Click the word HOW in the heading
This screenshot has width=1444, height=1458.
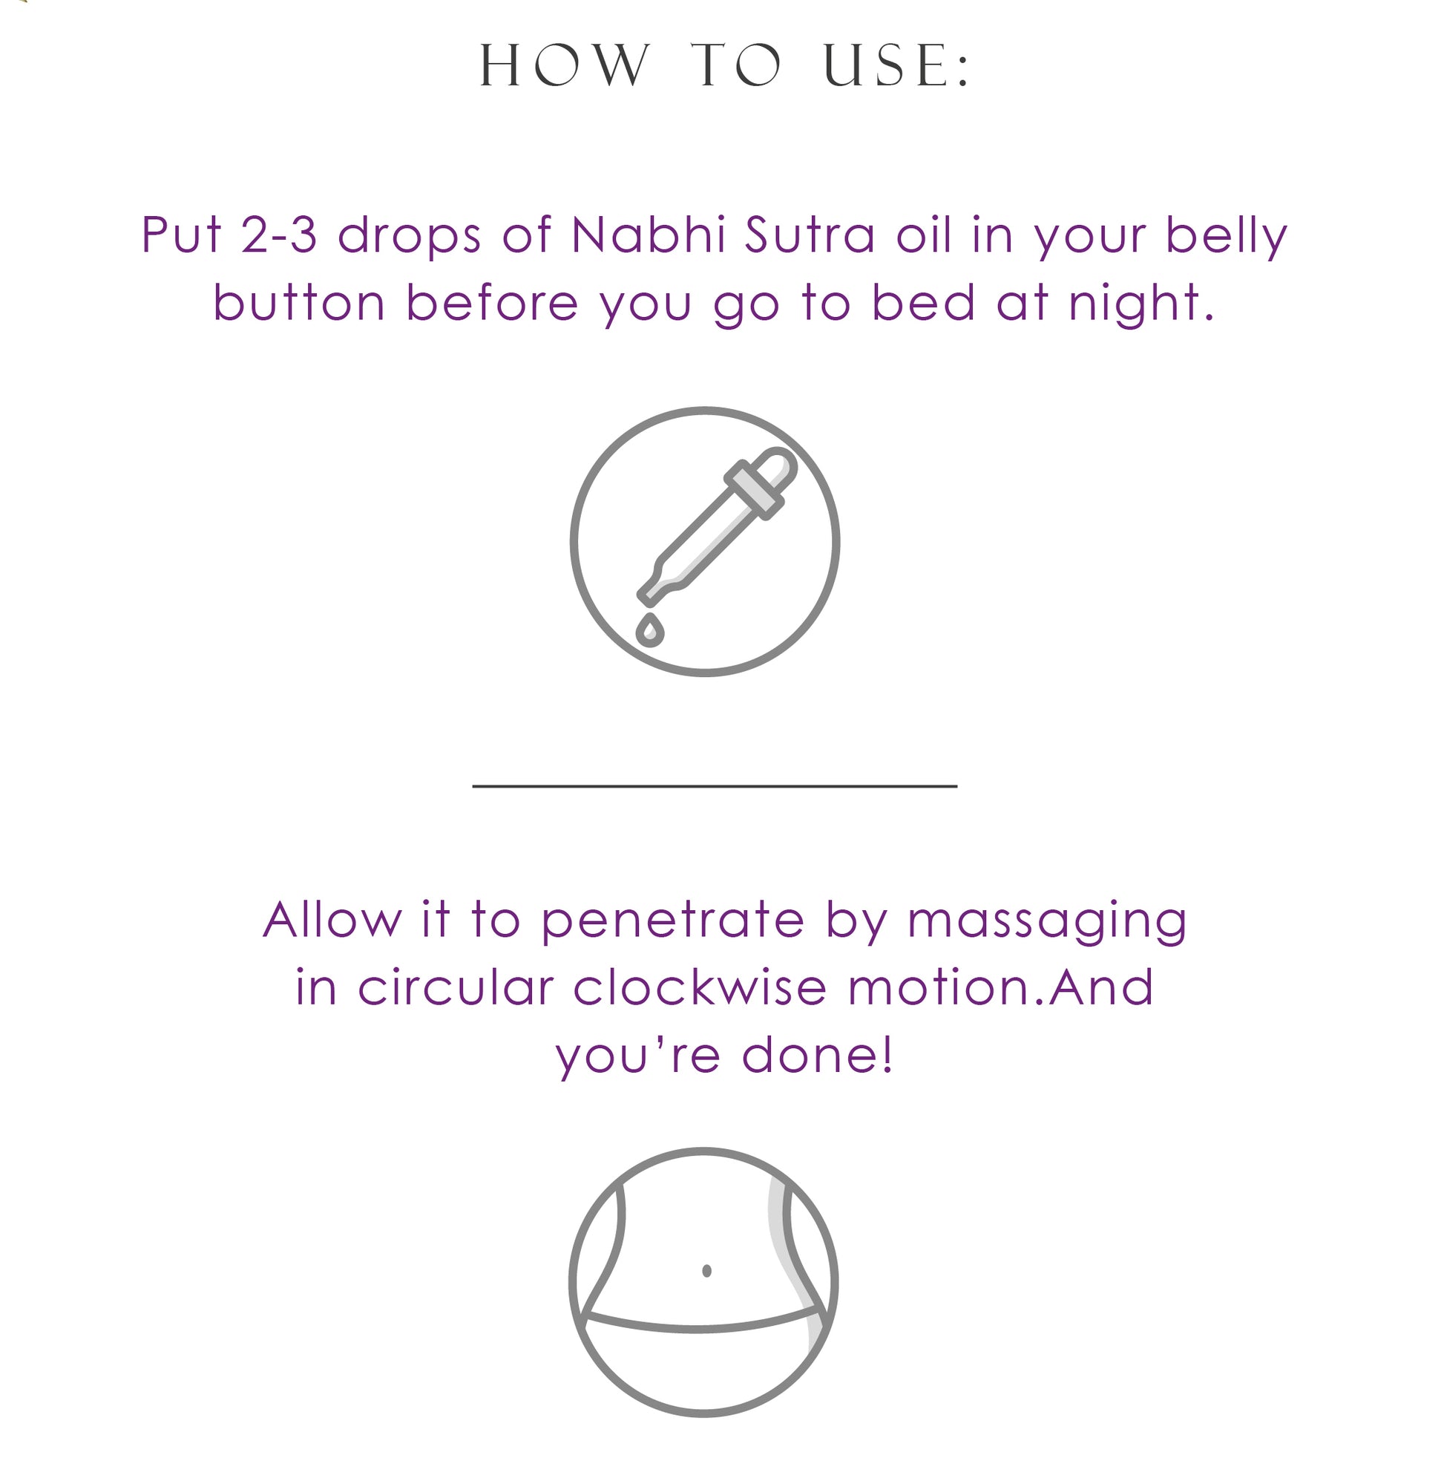coord(565,66)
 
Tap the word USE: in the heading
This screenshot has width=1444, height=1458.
coord(896,66)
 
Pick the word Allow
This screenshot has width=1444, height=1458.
coord(332,919)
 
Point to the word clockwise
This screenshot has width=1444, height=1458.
coord(700,987)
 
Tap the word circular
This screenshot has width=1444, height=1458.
coord(456,987)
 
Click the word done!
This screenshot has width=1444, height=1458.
coord(817,1054)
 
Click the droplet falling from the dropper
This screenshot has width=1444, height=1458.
coord(649,630)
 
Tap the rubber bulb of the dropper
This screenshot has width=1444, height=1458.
coord(776,468)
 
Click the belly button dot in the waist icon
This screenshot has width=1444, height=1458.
coord(706,1272)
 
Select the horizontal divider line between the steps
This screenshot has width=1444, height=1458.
coord(715,786)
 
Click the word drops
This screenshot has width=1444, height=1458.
coord(409,235)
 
